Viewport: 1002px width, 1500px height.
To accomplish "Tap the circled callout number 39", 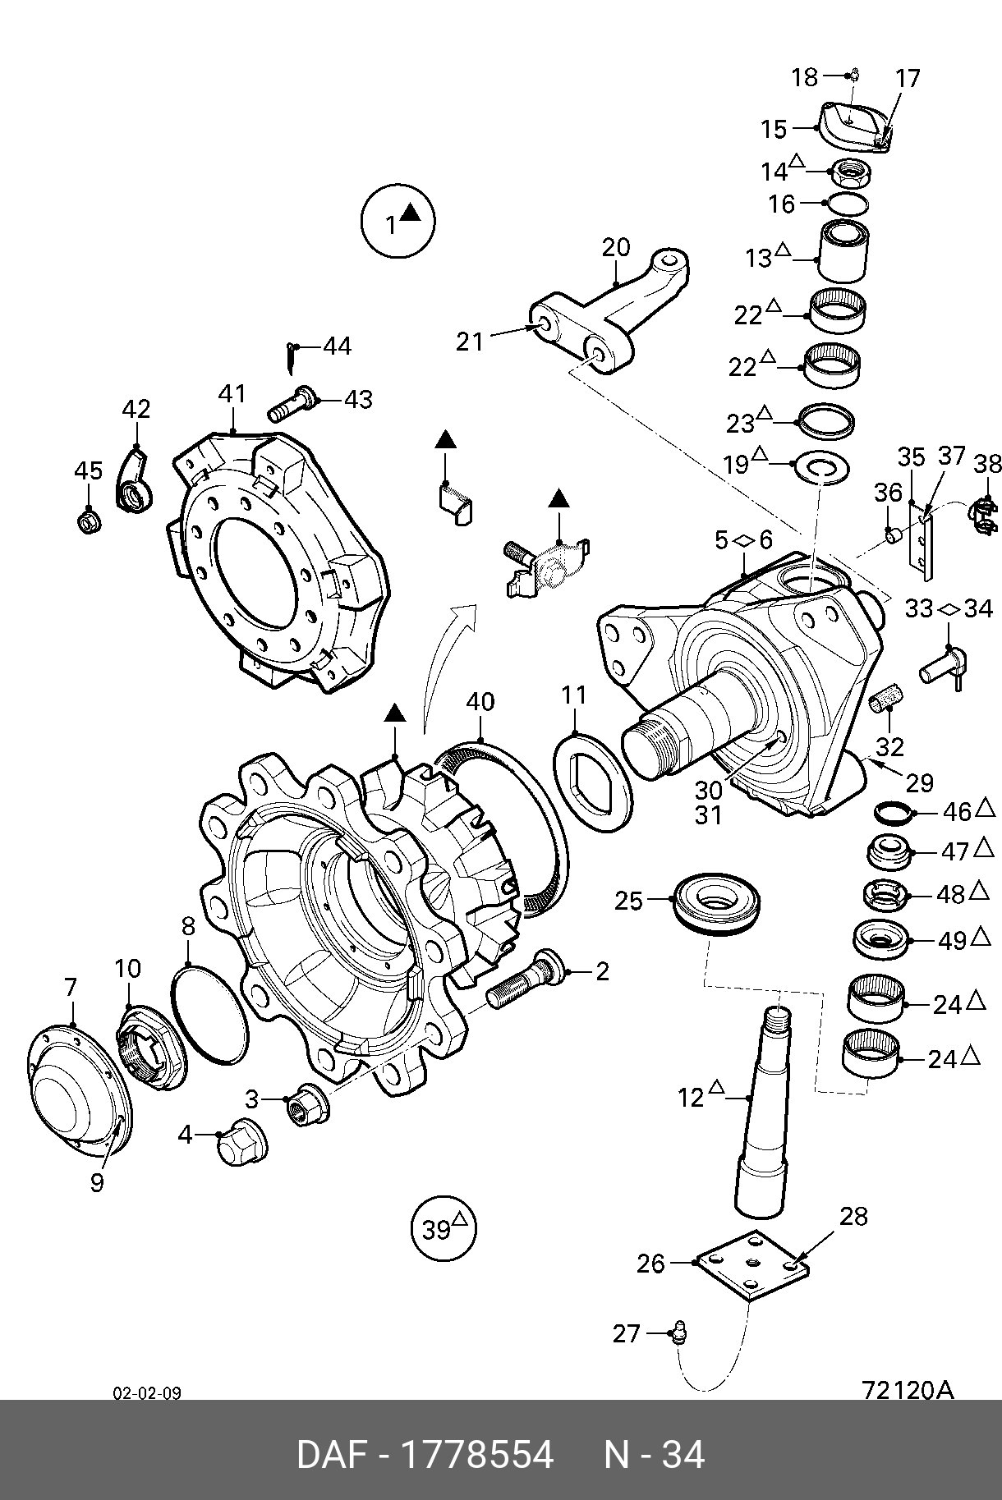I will click(444, 1229).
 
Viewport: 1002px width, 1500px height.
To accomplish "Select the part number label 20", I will click(616, 247).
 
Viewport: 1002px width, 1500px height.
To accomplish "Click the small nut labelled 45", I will click(89, 521).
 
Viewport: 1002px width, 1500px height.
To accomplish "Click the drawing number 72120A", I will click(908, 1389).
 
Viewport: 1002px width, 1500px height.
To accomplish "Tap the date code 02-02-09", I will click(147, 1393).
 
